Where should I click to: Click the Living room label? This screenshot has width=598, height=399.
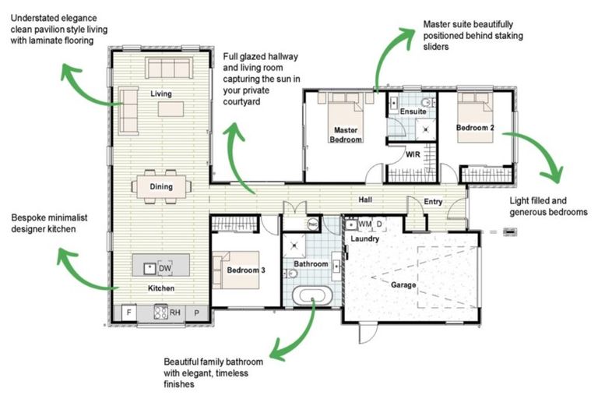tap(161, 94)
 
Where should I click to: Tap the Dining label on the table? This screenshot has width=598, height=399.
tap(161, 186)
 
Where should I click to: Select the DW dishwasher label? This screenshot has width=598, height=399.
tap(165, 268)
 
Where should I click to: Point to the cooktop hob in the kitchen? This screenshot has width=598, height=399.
tap(161, 313)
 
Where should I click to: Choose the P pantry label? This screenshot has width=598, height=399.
tap(196, 313)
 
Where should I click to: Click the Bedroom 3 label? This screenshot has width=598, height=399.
tap(246, 270)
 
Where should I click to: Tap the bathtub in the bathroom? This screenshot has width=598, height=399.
tap(312, 297)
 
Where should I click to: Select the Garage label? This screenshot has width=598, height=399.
tap(403, 284)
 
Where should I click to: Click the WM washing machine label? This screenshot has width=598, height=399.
tap(364, 224)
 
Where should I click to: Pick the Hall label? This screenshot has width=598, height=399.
tap(364, 200)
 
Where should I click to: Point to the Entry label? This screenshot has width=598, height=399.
tap(433, 202)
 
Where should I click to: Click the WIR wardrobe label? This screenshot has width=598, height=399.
tap(413, 155)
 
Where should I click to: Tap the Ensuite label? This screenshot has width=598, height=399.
tap(413, 111)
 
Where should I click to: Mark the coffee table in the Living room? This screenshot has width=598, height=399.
tap(171, 109)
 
